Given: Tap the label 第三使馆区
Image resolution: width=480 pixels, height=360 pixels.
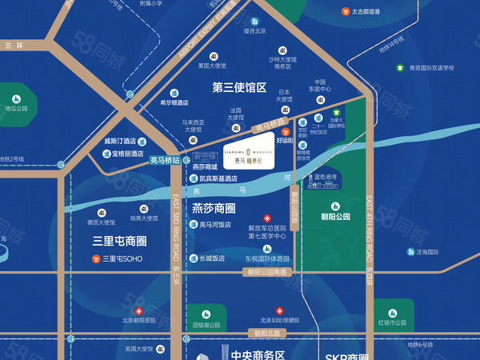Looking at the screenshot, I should click(x=238, y=87).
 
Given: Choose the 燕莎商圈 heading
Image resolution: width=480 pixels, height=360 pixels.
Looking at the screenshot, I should click(x=214, y=208).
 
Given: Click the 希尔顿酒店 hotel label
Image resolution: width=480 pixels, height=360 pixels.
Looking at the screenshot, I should click(x=174, y=102).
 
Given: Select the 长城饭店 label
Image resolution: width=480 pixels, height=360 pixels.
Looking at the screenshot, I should click(x=211, y=258).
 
